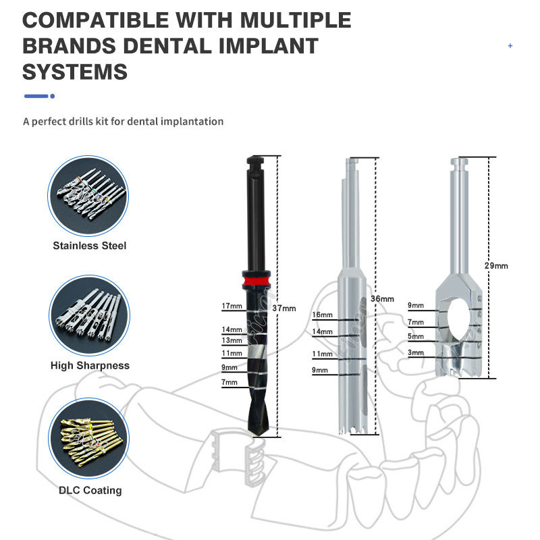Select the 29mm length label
(x=496, y=266)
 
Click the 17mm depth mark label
(x=232, y=306)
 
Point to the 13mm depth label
(x=232, y=340)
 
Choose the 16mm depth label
(x=322, y=315)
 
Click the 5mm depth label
(x=416, y=336)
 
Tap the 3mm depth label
(x=416, y=352)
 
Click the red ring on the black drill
(x=256, y=280)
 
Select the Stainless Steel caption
(x=89, y=246)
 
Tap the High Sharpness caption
(x=90, y=366)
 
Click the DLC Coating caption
(x=90, y=491)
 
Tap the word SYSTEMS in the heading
(x=75, y=72)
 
